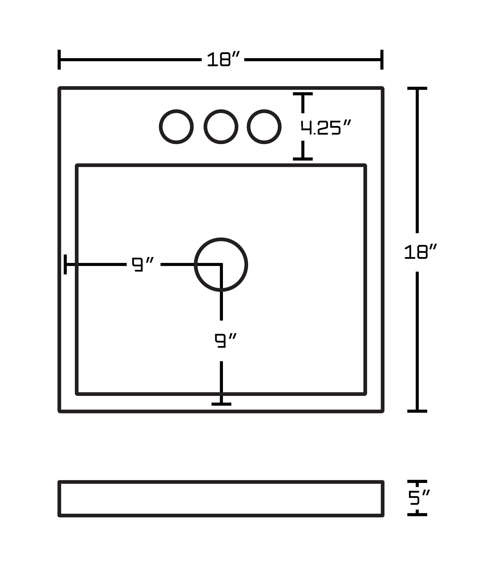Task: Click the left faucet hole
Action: click(x=176, y=127)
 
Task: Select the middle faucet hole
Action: click(x=221, y=127)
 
